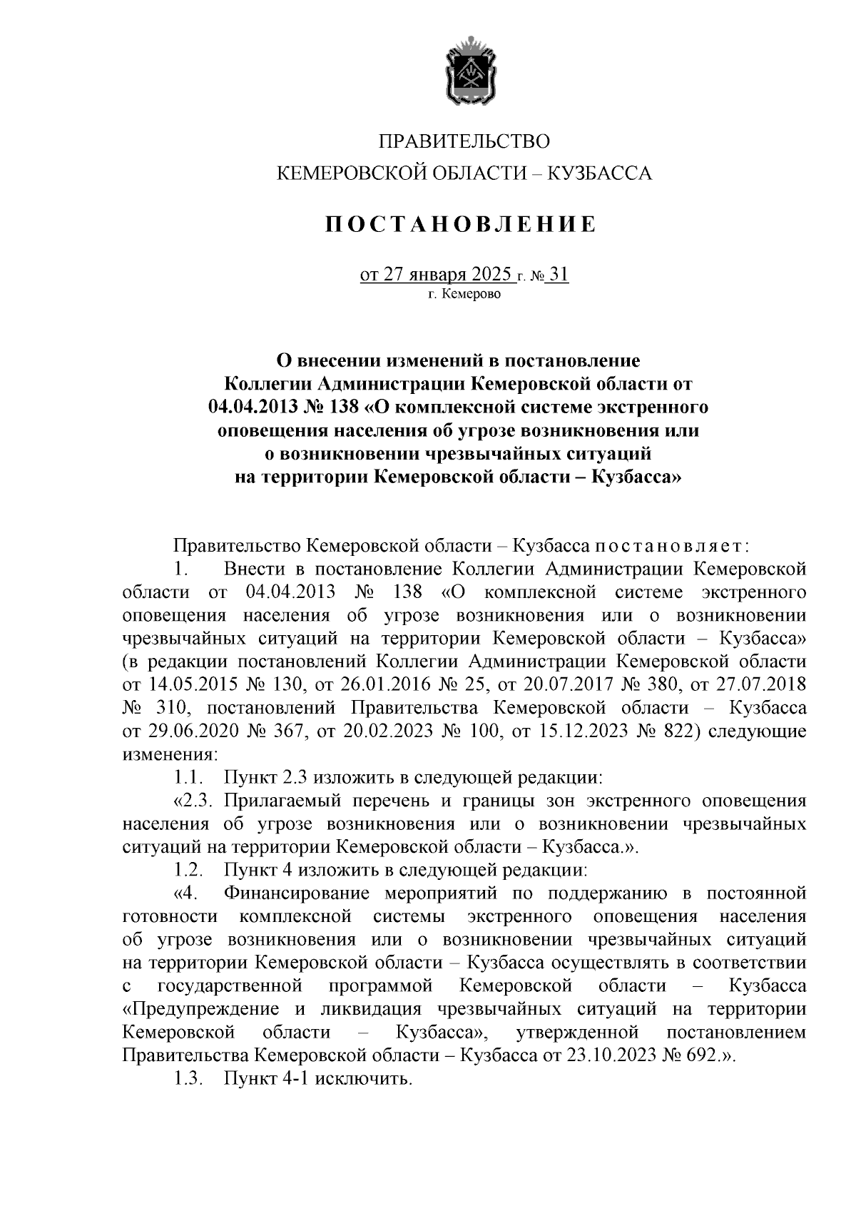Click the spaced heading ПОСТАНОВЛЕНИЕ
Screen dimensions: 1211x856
click(x=461, y=226)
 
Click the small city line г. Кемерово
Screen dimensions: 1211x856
click(x=464, y=294)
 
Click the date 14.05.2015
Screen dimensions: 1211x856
click(x=193, y=685)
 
